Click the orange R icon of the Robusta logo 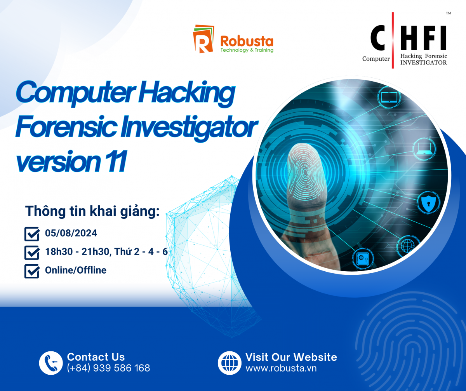[203, 39]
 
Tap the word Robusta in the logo [247, 41]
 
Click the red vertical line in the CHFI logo [393, 40]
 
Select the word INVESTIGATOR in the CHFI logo [423, 63]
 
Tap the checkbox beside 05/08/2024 [32, 234]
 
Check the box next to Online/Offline [32, 271]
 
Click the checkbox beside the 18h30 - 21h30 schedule [32, 253]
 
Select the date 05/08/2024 [71, 233]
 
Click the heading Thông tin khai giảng [92, 211]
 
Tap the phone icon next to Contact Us [51, 363]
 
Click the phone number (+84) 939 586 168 [108, 368]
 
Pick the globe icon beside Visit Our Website [230, 363]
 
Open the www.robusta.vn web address [281, 368]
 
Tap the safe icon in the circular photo [363, 258]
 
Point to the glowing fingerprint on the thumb [306, 171]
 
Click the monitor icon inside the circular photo [389, 97]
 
